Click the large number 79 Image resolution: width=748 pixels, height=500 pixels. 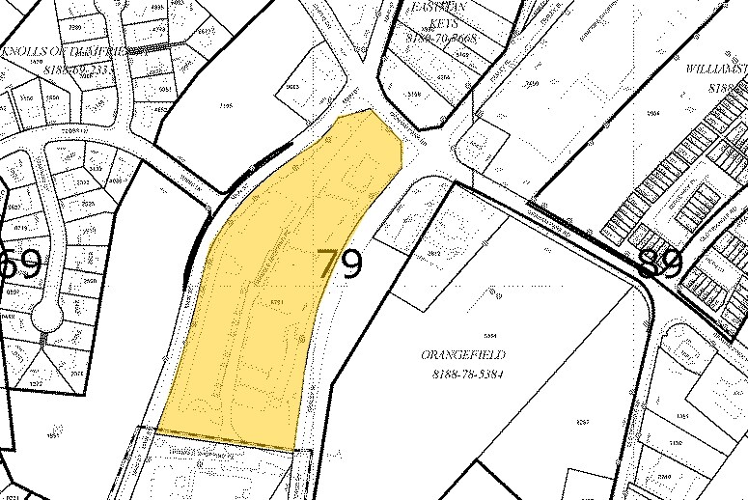pyautogui.click(x=340, y=264)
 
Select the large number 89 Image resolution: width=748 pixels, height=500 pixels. pyautogui.click(x=660, y=264)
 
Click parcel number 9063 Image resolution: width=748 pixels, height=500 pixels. pyautogui.click(x=292, y=88)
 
